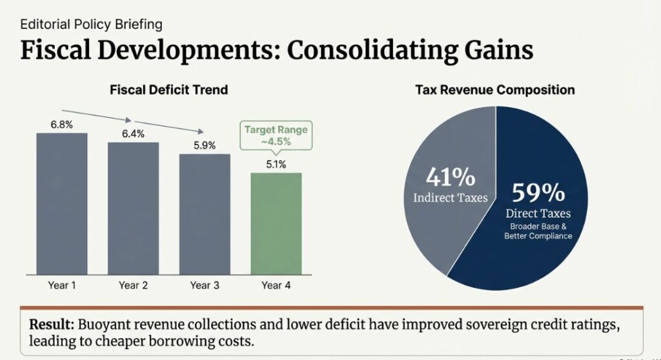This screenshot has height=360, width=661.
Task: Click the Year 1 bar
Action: coord(62,203)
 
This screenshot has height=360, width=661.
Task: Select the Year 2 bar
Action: coord(133,207)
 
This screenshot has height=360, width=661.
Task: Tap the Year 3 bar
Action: coord(205,213)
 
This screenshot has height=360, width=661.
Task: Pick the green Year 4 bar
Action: coord(276,223)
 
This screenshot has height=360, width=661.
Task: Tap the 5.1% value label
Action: coord(276,164)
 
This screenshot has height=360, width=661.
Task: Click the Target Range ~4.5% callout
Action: coord(276,135)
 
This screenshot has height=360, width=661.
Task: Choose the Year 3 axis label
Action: coord(205,285)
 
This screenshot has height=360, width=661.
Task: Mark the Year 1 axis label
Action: coord(62,285)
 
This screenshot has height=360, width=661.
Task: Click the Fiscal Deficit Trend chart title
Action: coord(168,90)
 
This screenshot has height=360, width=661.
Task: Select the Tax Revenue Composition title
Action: coord(494,90)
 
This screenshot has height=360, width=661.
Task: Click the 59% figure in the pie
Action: coord(538,193)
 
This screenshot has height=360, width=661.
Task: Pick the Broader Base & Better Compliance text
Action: coord(538,232)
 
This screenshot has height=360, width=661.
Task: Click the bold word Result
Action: coord(52,325)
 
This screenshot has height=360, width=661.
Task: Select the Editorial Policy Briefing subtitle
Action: coord(91,25)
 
